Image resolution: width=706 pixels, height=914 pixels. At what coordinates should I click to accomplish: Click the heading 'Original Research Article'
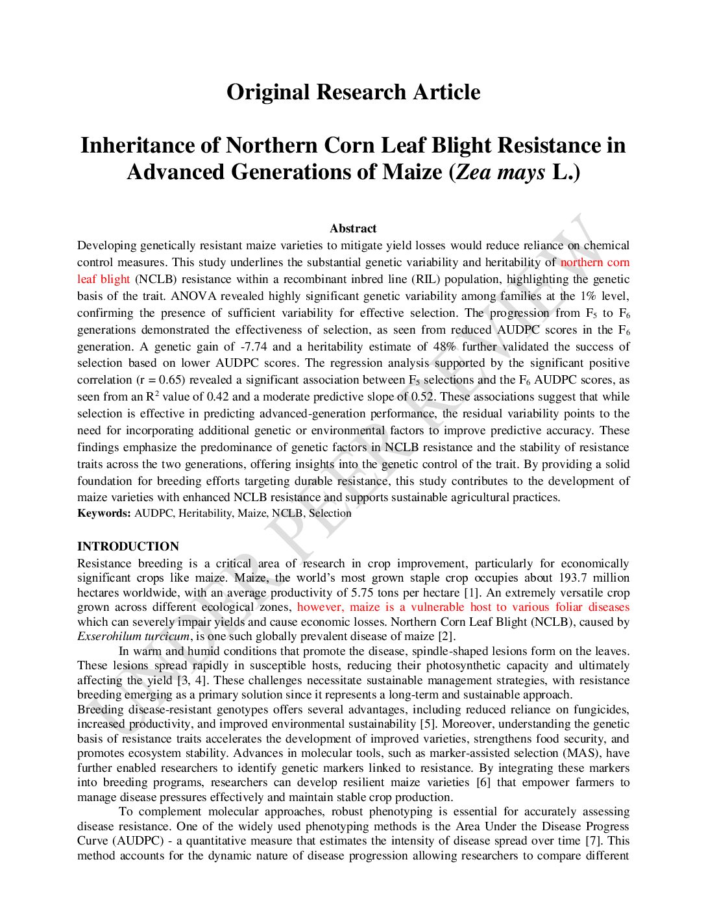353,92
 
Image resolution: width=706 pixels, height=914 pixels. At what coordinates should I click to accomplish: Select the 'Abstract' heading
353,228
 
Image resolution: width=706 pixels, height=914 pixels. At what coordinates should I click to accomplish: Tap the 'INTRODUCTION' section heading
128,547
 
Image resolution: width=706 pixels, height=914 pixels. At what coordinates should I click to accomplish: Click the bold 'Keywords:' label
104,513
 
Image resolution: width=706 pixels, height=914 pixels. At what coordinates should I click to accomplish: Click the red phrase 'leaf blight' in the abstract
103,279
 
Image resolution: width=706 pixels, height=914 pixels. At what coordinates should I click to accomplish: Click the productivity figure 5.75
361,593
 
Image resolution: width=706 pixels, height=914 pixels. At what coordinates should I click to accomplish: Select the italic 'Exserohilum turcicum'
133,636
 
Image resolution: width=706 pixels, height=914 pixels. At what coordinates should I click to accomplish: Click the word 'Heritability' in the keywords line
205,513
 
